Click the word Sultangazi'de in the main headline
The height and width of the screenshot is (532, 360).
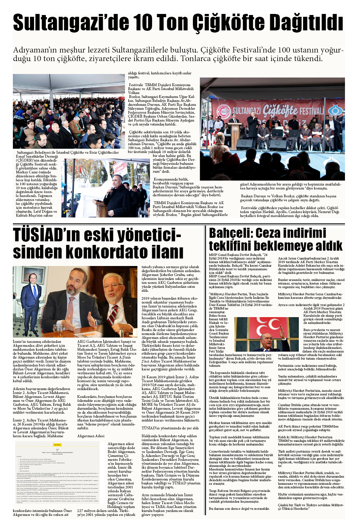(x=71, y=23)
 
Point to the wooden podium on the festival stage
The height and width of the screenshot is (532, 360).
(x=236, y=134)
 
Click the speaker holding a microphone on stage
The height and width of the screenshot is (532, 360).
(x=253, y=125)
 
